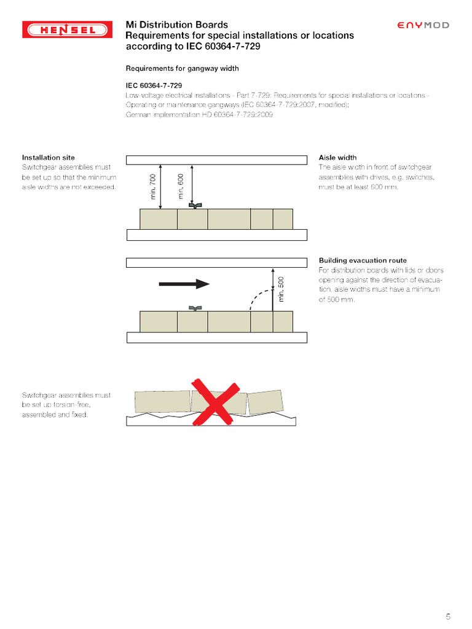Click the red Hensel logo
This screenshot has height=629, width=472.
(x=68, y=29)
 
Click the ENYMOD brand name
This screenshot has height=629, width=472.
(x=423, y=25)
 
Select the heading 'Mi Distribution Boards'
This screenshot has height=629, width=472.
(x=177, y=25)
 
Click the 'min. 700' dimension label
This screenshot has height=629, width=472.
(x=153, y=186)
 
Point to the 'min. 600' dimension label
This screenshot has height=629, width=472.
(x=181, y=186)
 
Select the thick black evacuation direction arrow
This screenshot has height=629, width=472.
(x=184, y=284)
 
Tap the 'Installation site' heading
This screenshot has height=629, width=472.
(x=49, y=158)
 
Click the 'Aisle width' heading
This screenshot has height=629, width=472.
(x=337, y=158)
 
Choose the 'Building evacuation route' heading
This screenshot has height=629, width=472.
(x=363, y=260)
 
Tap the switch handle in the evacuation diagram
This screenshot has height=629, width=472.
(x=195, y=308)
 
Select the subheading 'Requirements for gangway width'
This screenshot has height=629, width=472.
(x=182, y=69)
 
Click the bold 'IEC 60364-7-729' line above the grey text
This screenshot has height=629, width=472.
(x=154, y=85)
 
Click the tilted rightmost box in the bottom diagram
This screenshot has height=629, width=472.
(x=265, y=402)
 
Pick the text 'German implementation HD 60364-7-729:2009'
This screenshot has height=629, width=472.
(x=199, y=115)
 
